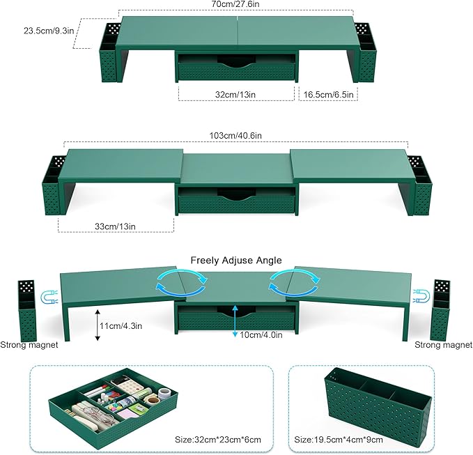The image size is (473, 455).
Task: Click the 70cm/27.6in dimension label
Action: pos(236,5)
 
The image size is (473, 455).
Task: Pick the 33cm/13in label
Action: pos(115,226)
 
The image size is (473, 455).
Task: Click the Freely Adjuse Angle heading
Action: pos(236,260)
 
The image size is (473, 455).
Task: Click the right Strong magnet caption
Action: pos(443,344)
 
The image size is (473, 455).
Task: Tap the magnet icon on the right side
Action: pos(422,297)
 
